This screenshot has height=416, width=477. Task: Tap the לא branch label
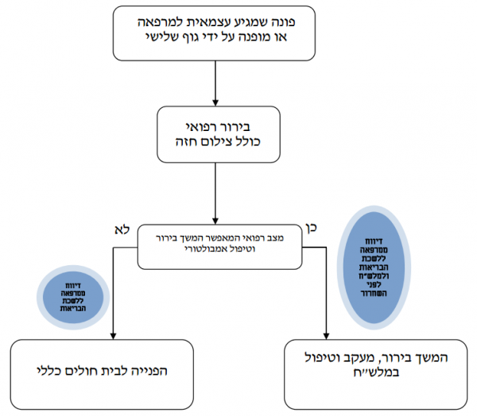click(122, 230)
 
